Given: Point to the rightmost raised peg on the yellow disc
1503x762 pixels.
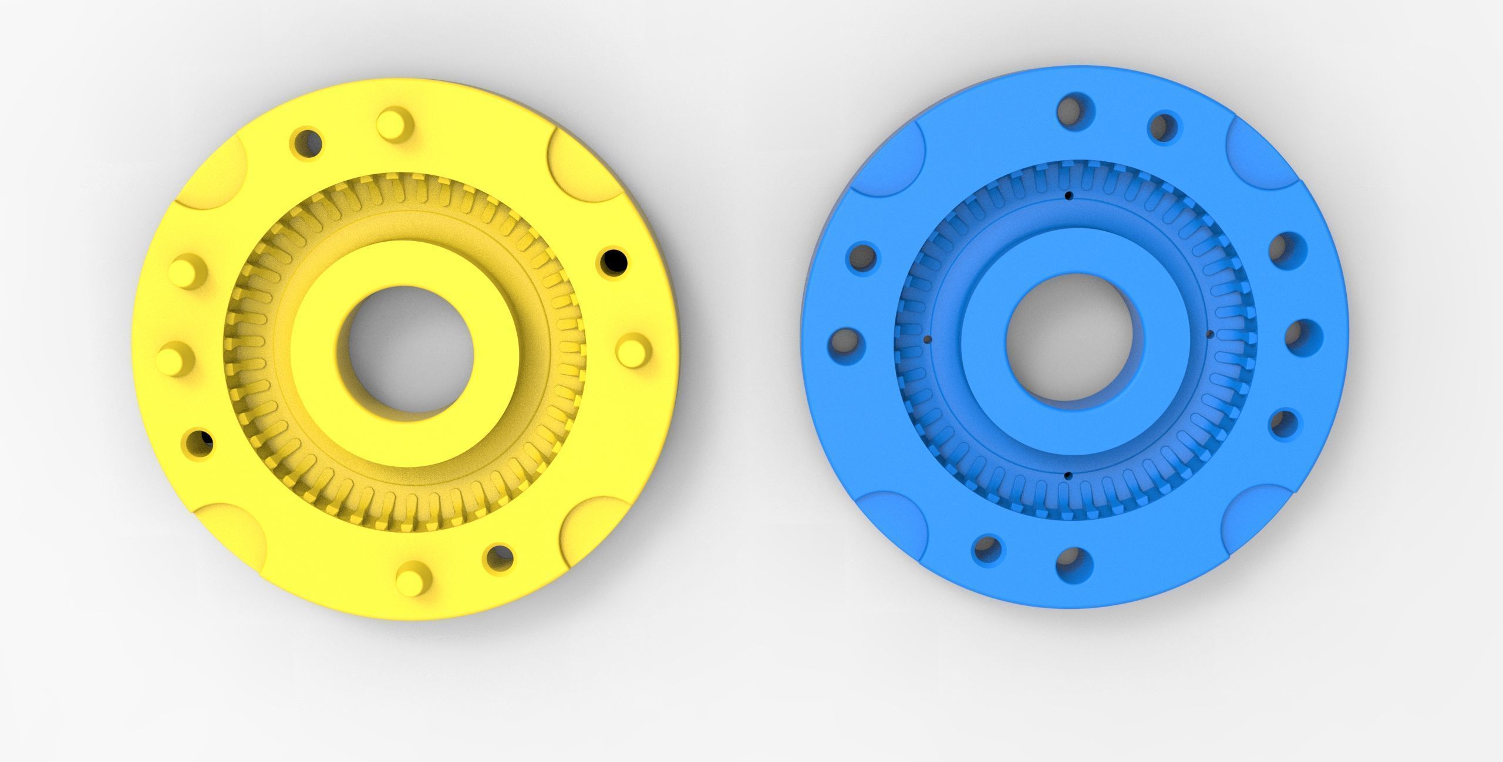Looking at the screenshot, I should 635,350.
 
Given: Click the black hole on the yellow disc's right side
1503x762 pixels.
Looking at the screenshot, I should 613,262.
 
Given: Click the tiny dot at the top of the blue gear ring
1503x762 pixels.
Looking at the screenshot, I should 1069,195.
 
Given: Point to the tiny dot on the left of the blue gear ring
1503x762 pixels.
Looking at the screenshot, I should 928,339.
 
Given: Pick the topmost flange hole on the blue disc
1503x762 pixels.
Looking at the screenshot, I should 1072,110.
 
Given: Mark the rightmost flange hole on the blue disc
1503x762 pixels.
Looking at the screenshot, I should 1304,338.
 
